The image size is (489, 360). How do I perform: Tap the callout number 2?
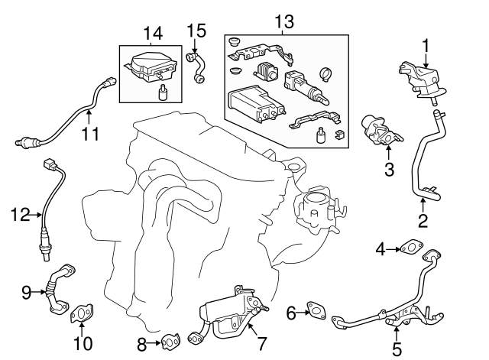click(423, 222)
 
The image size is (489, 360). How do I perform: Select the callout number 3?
click(389, 170)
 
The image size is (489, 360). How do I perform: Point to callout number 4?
click(380, 248)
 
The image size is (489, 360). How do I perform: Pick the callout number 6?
click(291, 312)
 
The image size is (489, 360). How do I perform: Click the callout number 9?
click(26, 291)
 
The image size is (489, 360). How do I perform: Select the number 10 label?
click(85, 343)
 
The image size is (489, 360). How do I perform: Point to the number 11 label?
click(90, 135)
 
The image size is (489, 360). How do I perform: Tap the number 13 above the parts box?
click(284, 21)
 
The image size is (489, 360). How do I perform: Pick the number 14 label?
click(153, 32)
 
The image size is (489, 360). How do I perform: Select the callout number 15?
click(196, 31)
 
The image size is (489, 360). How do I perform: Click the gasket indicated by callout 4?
click(410, 247)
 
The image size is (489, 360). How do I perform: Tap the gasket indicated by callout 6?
click(315, 310)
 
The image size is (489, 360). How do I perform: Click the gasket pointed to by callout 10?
click(79, 315)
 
